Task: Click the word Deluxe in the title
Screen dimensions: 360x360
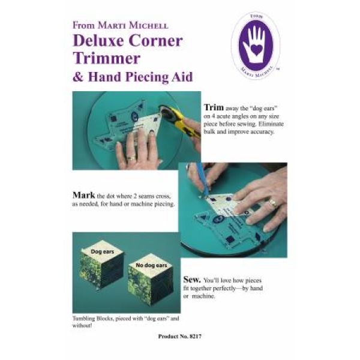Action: click(97, 41)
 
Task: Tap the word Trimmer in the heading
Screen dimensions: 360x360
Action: click(106, 59)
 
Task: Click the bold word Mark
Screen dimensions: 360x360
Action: click(85, 194)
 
